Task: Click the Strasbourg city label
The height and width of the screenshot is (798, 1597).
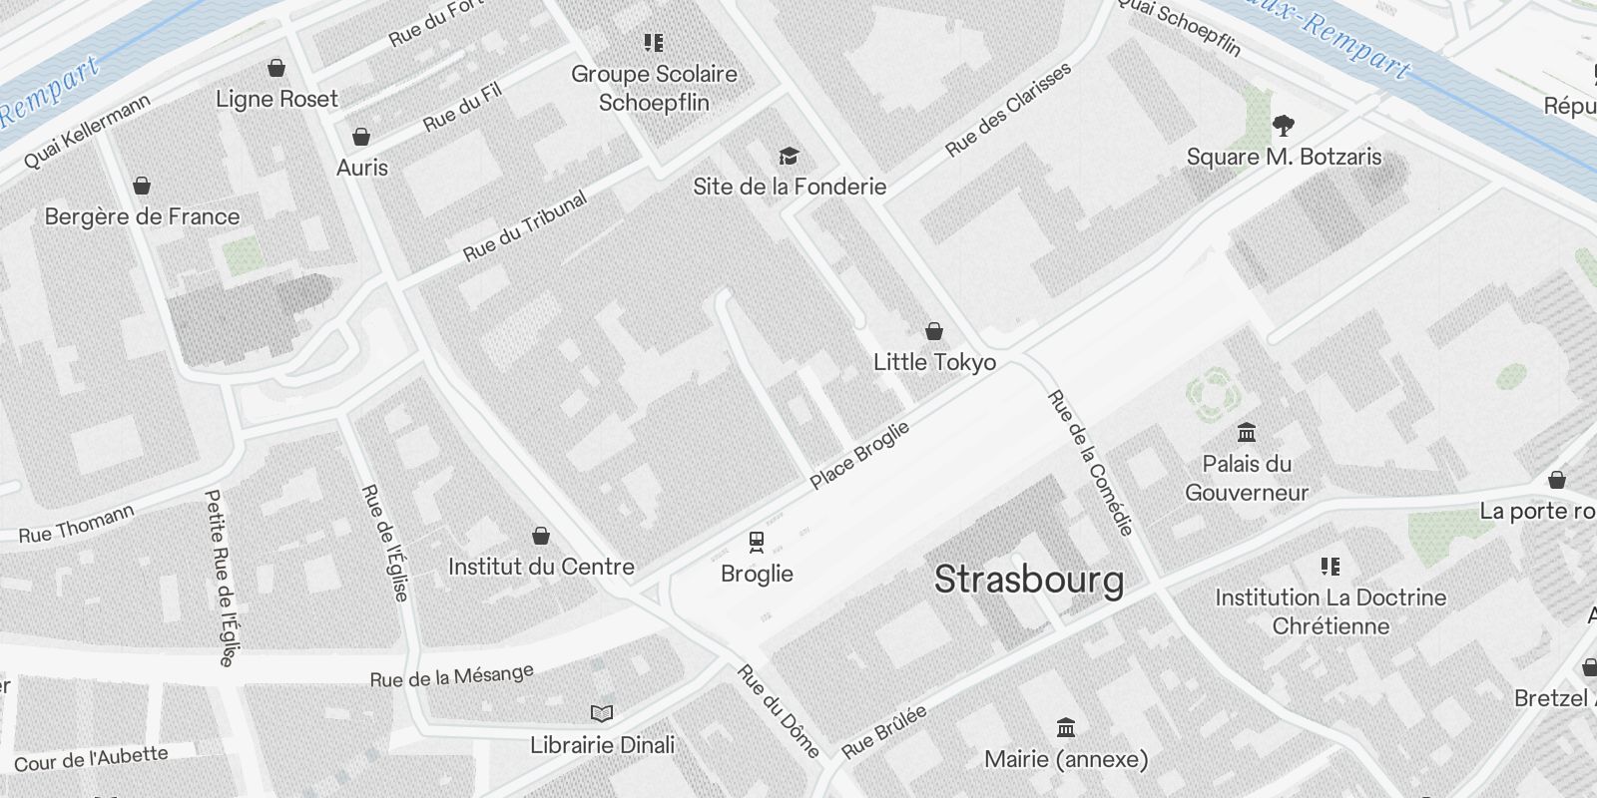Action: click(1028, 580)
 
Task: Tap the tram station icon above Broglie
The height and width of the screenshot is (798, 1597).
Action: click(757, 542)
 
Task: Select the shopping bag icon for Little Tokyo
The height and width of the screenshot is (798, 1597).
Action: click(934, 330)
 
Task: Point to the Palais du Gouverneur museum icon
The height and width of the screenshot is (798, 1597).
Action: click(1247, 433)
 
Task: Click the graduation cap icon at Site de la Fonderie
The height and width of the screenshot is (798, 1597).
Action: click(790, 156)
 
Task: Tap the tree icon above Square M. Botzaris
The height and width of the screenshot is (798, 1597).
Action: click(1284, 126)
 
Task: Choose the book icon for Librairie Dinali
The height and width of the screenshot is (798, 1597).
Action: click(602, 713)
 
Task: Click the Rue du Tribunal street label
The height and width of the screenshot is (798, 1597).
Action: click(525, 226)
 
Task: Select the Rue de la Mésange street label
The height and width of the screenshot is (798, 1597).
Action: click(451, 676)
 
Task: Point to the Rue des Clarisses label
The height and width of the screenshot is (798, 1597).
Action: click(1008, 109)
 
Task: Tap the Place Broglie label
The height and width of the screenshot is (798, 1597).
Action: click(859, 455)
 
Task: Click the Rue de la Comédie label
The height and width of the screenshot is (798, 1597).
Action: click(1090, 463)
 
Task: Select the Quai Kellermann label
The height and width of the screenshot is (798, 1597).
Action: click(88, 131)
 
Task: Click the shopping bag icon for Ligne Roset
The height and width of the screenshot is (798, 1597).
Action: click(276, 68)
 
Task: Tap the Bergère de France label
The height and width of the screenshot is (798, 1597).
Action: click(143, 216)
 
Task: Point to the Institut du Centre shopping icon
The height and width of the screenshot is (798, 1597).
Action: click(541, 537)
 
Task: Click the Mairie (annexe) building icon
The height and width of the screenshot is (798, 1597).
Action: click(1066, 727)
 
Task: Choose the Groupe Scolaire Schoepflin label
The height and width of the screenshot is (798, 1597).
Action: click(654, 88)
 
